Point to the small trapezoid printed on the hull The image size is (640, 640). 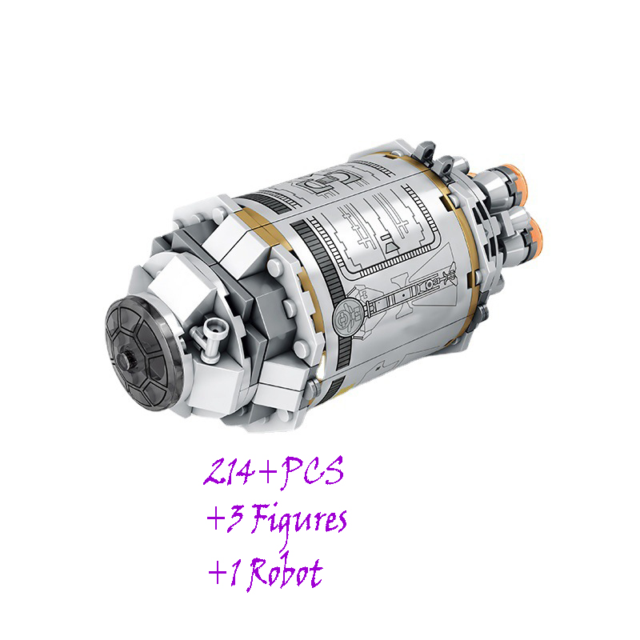pos(391,247)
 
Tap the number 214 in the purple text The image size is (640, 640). pos(229,471)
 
